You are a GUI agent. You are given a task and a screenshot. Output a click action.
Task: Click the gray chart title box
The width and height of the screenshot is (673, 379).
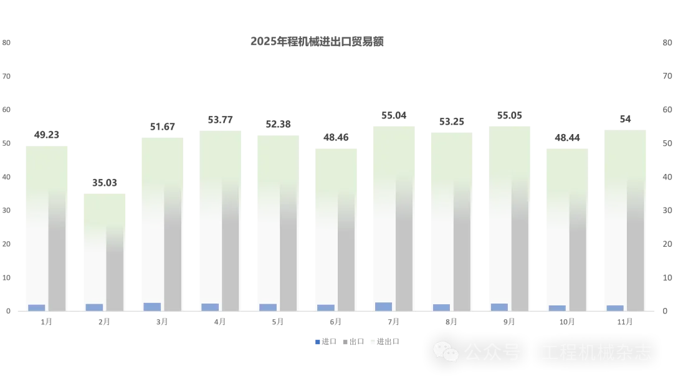(316, 42)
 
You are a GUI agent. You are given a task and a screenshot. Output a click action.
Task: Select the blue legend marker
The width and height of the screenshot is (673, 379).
(318, 342)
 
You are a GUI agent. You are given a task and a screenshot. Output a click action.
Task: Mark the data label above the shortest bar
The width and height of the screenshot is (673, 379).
(104, 182)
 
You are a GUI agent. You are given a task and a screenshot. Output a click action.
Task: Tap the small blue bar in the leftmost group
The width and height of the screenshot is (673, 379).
(37, 307)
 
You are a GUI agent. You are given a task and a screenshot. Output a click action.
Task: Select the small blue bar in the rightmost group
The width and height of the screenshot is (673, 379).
(615, 308)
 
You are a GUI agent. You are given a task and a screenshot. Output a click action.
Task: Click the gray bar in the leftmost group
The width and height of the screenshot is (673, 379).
(57, 249)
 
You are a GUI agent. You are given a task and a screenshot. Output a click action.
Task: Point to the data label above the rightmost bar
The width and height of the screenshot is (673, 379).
(625, 120)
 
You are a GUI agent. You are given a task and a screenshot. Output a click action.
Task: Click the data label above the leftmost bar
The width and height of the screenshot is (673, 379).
(45, 135)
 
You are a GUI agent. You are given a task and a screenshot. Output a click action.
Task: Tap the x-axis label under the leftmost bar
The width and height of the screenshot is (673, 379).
(47, 324)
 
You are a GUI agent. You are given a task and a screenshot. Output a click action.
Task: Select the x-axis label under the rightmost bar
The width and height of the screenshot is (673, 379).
(623, 324)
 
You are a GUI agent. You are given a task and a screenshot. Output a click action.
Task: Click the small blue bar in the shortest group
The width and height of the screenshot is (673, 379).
(94, 307)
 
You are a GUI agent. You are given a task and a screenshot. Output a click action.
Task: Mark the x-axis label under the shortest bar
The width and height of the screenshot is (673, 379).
(102, 324)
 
